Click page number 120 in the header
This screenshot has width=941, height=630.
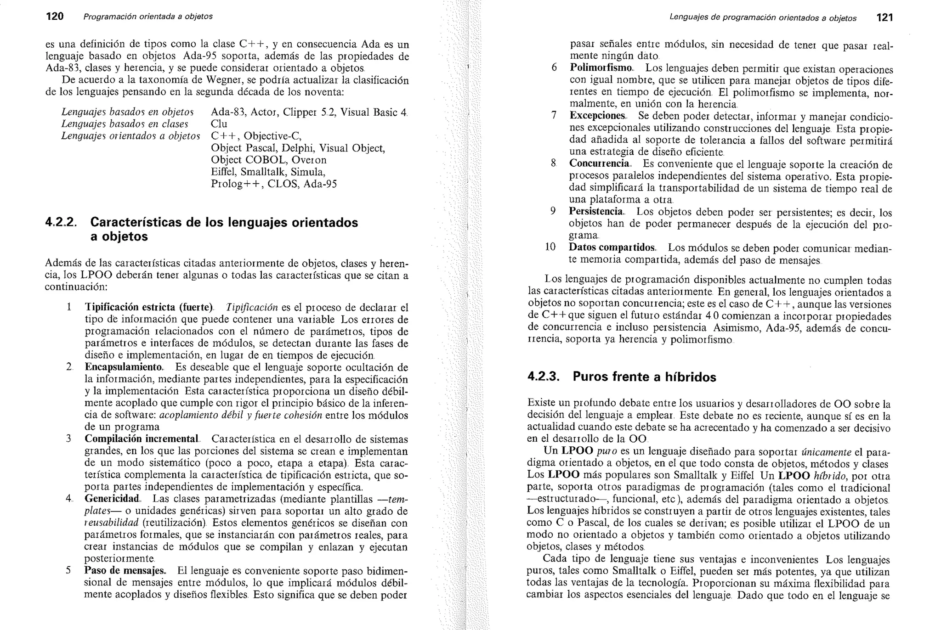point(55,17)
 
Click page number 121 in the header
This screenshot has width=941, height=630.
point(884,18)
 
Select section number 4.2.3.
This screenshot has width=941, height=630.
point(543,377)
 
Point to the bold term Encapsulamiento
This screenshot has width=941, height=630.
point(124,367)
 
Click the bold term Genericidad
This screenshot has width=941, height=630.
point(112,499)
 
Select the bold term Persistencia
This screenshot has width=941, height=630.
point(596,211)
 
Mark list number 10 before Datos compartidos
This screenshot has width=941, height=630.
point(550,247)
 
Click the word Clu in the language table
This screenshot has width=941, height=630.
point(219,124)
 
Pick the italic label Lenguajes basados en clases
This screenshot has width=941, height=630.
point(125,124)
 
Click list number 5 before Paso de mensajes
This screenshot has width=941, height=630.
point(68,570)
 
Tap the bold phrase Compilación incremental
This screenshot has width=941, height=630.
point(142,439)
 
